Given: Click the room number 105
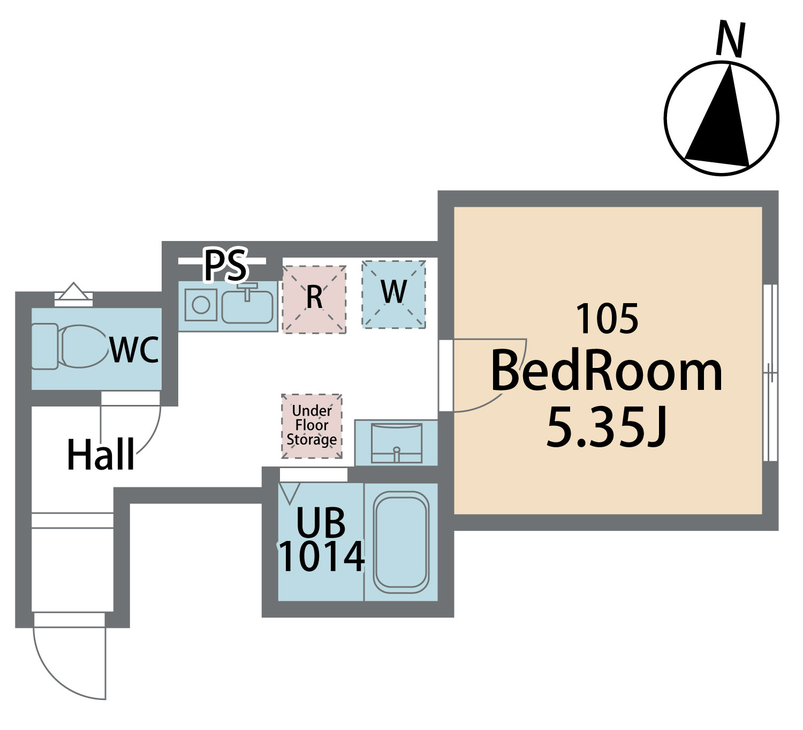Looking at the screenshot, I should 607,319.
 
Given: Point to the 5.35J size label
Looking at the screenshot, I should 607,427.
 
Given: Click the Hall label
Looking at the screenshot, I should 101,455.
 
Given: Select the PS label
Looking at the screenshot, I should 226,265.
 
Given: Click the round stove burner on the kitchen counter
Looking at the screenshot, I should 201,305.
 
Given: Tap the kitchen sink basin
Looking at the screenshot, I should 247,307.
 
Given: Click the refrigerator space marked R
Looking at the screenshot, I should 314,299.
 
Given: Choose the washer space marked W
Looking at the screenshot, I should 393,293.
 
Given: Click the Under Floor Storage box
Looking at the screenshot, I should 312,426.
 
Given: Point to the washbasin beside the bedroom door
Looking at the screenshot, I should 396,442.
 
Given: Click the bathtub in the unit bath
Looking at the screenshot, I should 401,541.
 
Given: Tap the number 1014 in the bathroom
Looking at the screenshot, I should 321,557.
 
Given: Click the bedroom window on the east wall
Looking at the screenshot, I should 770,372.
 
